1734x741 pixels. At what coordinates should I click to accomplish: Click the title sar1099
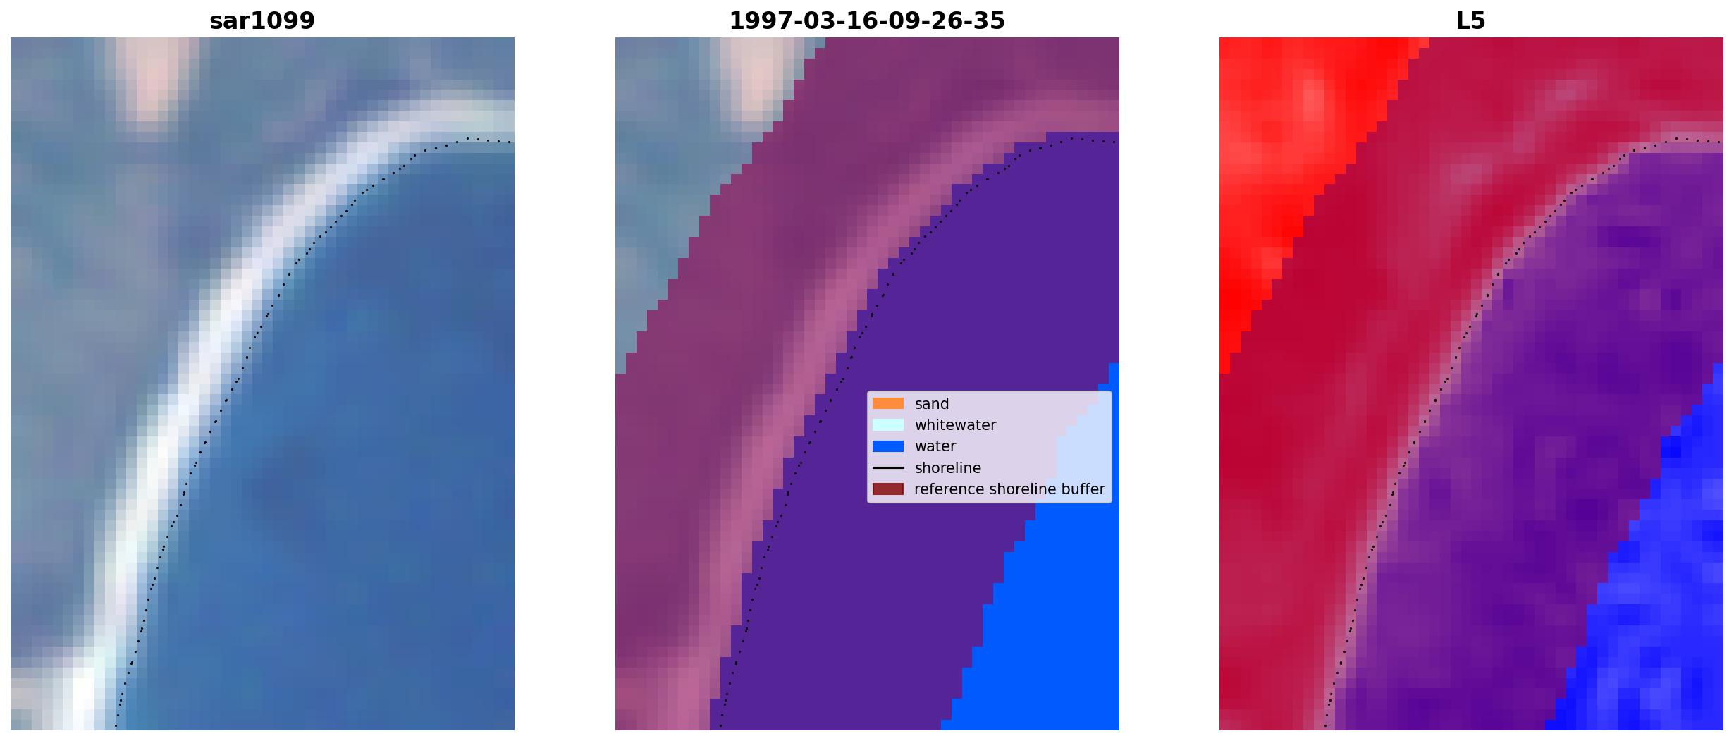point(262,21)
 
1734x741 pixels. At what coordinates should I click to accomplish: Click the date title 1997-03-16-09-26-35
point(867,21)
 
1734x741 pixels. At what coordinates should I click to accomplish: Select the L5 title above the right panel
point(1471,21)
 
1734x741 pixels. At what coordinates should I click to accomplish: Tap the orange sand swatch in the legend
point(888,403)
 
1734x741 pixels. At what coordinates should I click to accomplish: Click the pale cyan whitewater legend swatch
point(888,424)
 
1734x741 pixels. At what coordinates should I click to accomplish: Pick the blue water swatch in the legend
point(888,446)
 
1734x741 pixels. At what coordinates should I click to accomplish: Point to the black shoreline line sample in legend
point(888,467)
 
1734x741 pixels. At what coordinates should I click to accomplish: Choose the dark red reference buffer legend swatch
point(888,489)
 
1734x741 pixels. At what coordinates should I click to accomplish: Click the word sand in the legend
point(932,404)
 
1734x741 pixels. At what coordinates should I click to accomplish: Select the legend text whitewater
point(955,425)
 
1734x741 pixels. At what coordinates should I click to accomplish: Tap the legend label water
point(935,446)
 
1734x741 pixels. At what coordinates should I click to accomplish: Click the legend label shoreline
point(948,468)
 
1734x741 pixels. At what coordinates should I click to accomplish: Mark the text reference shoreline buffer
point(1009,489)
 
